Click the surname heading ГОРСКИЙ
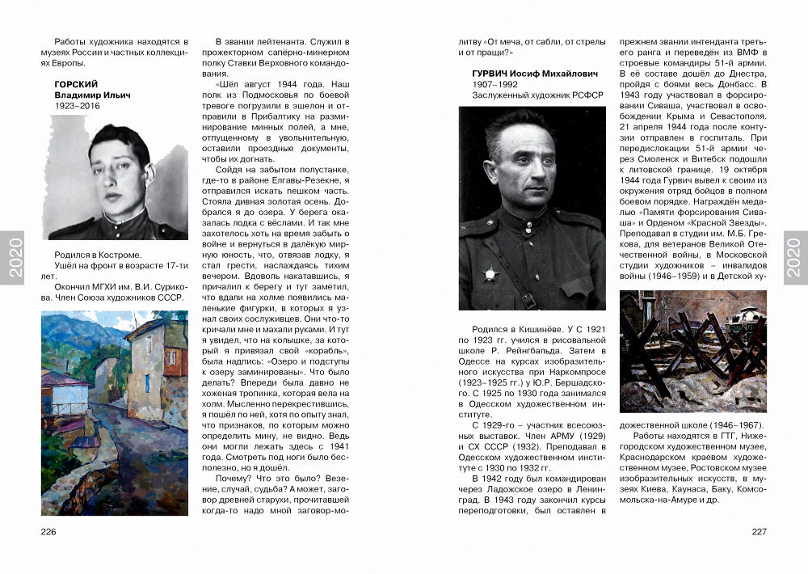[x=76, y=84]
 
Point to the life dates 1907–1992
[x=494, y=84]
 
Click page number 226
[x=48, y=531]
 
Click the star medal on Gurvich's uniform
[x=490, y=273]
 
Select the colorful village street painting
[x=114, y=413]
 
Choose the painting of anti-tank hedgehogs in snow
[x=692, y=352]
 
